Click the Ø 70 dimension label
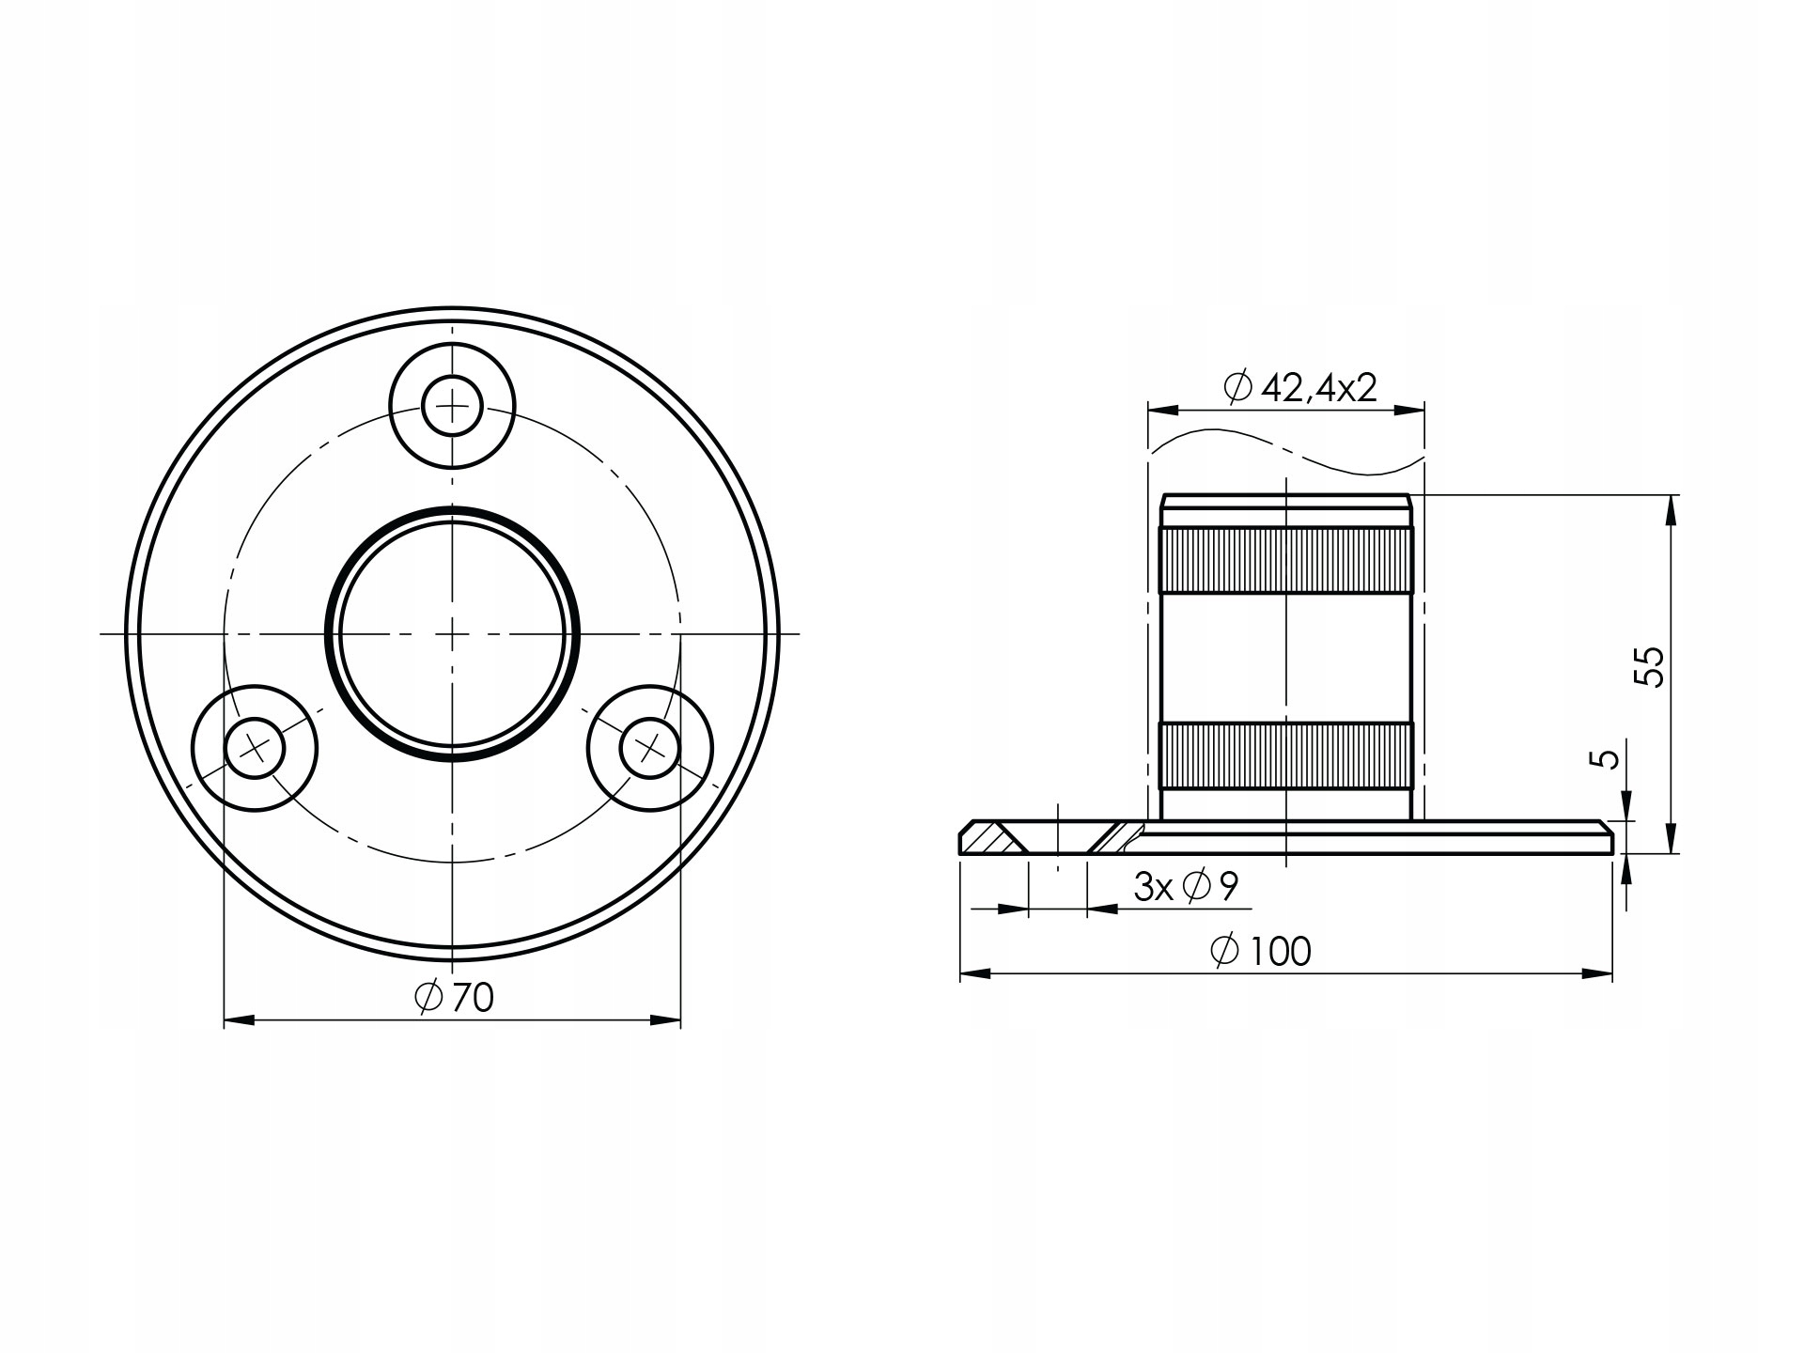(x=454, y=998)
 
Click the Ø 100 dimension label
(x=1261, y=952)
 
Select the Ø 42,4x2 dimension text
(x=1301, y=387)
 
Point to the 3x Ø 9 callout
(x=1186, y=886)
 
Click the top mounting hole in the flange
(x=452, y=406)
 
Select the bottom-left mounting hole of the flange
(x=255, y=748)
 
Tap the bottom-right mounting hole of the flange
(x=650, y=748)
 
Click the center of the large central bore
(x=452, y=633)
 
